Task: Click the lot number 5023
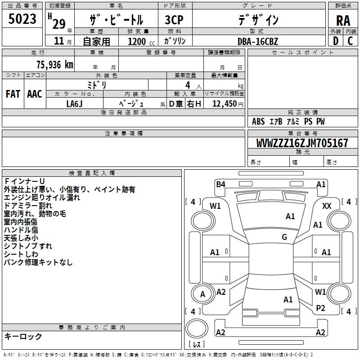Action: click(x=22, y=19)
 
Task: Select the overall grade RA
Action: click(x=343, y=21)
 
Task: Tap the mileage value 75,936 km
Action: click(x=54, y=65)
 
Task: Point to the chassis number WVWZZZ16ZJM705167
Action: click(x=302, y=143)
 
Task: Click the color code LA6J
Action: click(x=74, y=104)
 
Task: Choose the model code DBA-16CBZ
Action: click(x=257, y=41)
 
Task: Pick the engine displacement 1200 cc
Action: click(x=141, y=41)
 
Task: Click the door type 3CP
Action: click(x=174, y=20)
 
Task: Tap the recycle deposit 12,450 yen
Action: click(x=228, y=104)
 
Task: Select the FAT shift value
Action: click(x=13, y=94)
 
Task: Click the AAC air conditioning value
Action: click(x=35, y=94)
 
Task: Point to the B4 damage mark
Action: click(x=220, y=184)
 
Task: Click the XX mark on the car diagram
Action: click(x=327, y=206)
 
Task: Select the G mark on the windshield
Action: click(x=284, y=237)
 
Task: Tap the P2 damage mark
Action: click(x=320, y=308)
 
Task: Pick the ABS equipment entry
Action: click(x=258, y=121)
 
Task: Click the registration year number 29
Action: click(x=59, y=24)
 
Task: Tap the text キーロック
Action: click(x=23, y=336)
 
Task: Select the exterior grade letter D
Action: click(x=336, y=41)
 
